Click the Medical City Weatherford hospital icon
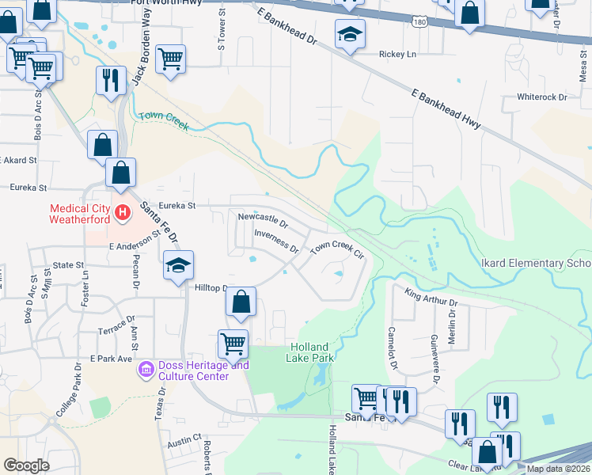click(123, 212)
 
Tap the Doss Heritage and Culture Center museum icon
click(146, 369)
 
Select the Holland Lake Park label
click(312, 352)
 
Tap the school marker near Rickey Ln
click(349, 35)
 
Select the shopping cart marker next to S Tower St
click(171, 59)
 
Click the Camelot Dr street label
click(391, 348)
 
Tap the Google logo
click(27, 465)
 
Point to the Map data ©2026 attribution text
click(557, 469)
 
